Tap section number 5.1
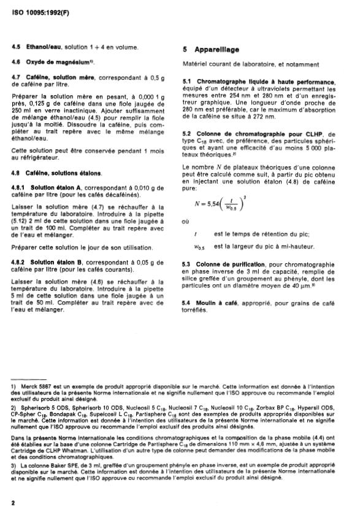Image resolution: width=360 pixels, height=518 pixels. coord(188,82)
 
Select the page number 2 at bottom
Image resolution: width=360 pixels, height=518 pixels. coord(13,502)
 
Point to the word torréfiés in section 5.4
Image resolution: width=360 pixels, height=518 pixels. coord(196,311)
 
